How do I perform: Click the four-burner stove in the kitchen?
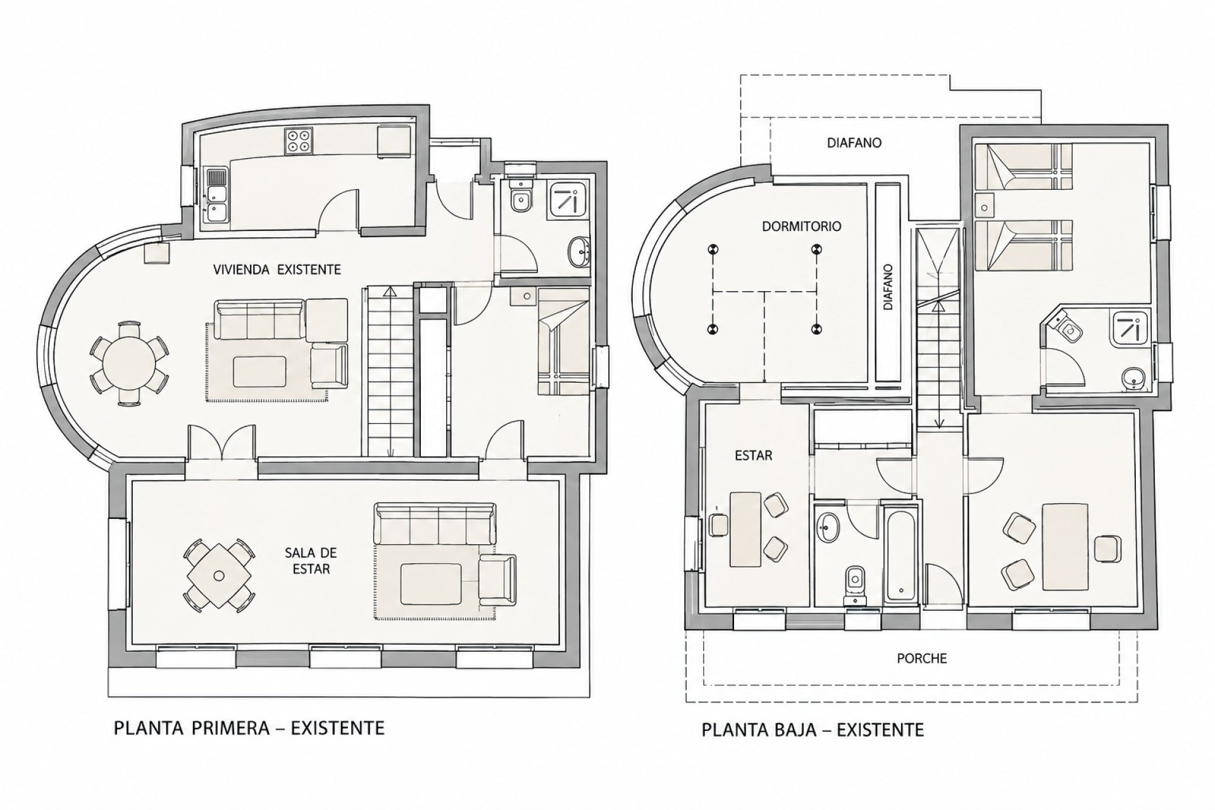(x=299, y=140)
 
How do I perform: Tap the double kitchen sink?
(x=216, y=196)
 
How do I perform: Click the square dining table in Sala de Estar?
(x=219, y=575)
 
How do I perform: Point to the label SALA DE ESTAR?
(x=311, y=561)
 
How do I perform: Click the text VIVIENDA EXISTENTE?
(x=278, y=270)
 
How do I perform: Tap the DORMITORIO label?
(x=802, y=226)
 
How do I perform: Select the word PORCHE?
(x=922, y=658)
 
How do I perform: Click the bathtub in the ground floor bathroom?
(x=900, y=552)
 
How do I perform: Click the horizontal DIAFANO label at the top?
(x=854, y=143)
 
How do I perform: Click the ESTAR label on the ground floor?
(x=754, y=455)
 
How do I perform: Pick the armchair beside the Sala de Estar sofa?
(x=497, y=578)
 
